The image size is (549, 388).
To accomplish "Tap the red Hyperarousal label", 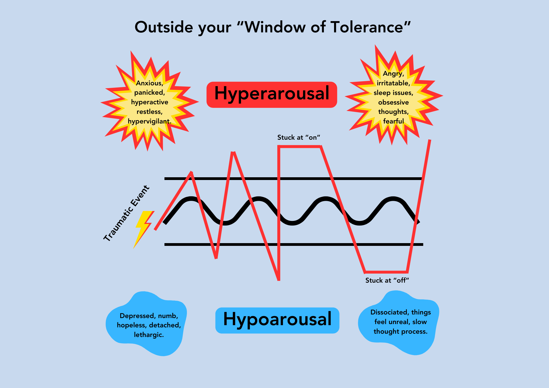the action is [x=271, y=94].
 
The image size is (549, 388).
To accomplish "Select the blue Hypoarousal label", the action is [x=277, y=320].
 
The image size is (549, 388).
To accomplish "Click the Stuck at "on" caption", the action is [x=299, y=137].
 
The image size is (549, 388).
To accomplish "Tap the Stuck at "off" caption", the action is [x=387, y=280].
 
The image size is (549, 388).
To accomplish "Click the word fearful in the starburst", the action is [x=393, y=121].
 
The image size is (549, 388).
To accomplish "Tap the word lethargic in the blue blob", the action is [x=149, y=335].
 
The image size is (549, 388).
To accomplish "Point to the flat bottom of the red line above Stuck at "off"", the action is [x=386, y=272].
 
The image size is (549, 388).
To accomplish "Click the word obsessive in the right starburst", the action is [x=393, y=102].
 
